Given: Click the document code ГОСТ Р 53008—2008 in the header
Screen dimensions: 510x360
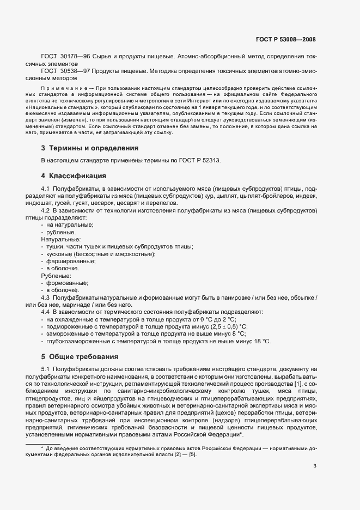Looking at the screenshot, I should pos(285,40).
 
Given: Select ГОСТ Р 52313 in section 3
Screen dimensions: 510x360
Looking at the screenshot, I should pos(202,160).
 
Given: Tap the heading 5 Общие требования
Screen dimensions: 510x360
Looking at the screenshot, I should pos(80,357).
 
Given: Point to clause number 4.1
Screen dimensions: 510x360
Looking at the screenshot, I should pos(46,188).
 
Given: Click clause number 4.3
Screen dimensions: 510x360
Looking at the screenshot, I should pos(46,297).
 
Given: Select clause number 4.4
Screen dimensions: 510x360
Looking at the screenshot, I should pos(46,312).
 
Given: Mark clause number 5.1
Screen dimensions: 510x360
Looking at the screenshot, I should pos(46,369).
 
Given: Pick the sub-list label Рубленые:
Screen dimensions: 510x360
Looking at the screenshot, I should pos(57,276).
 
